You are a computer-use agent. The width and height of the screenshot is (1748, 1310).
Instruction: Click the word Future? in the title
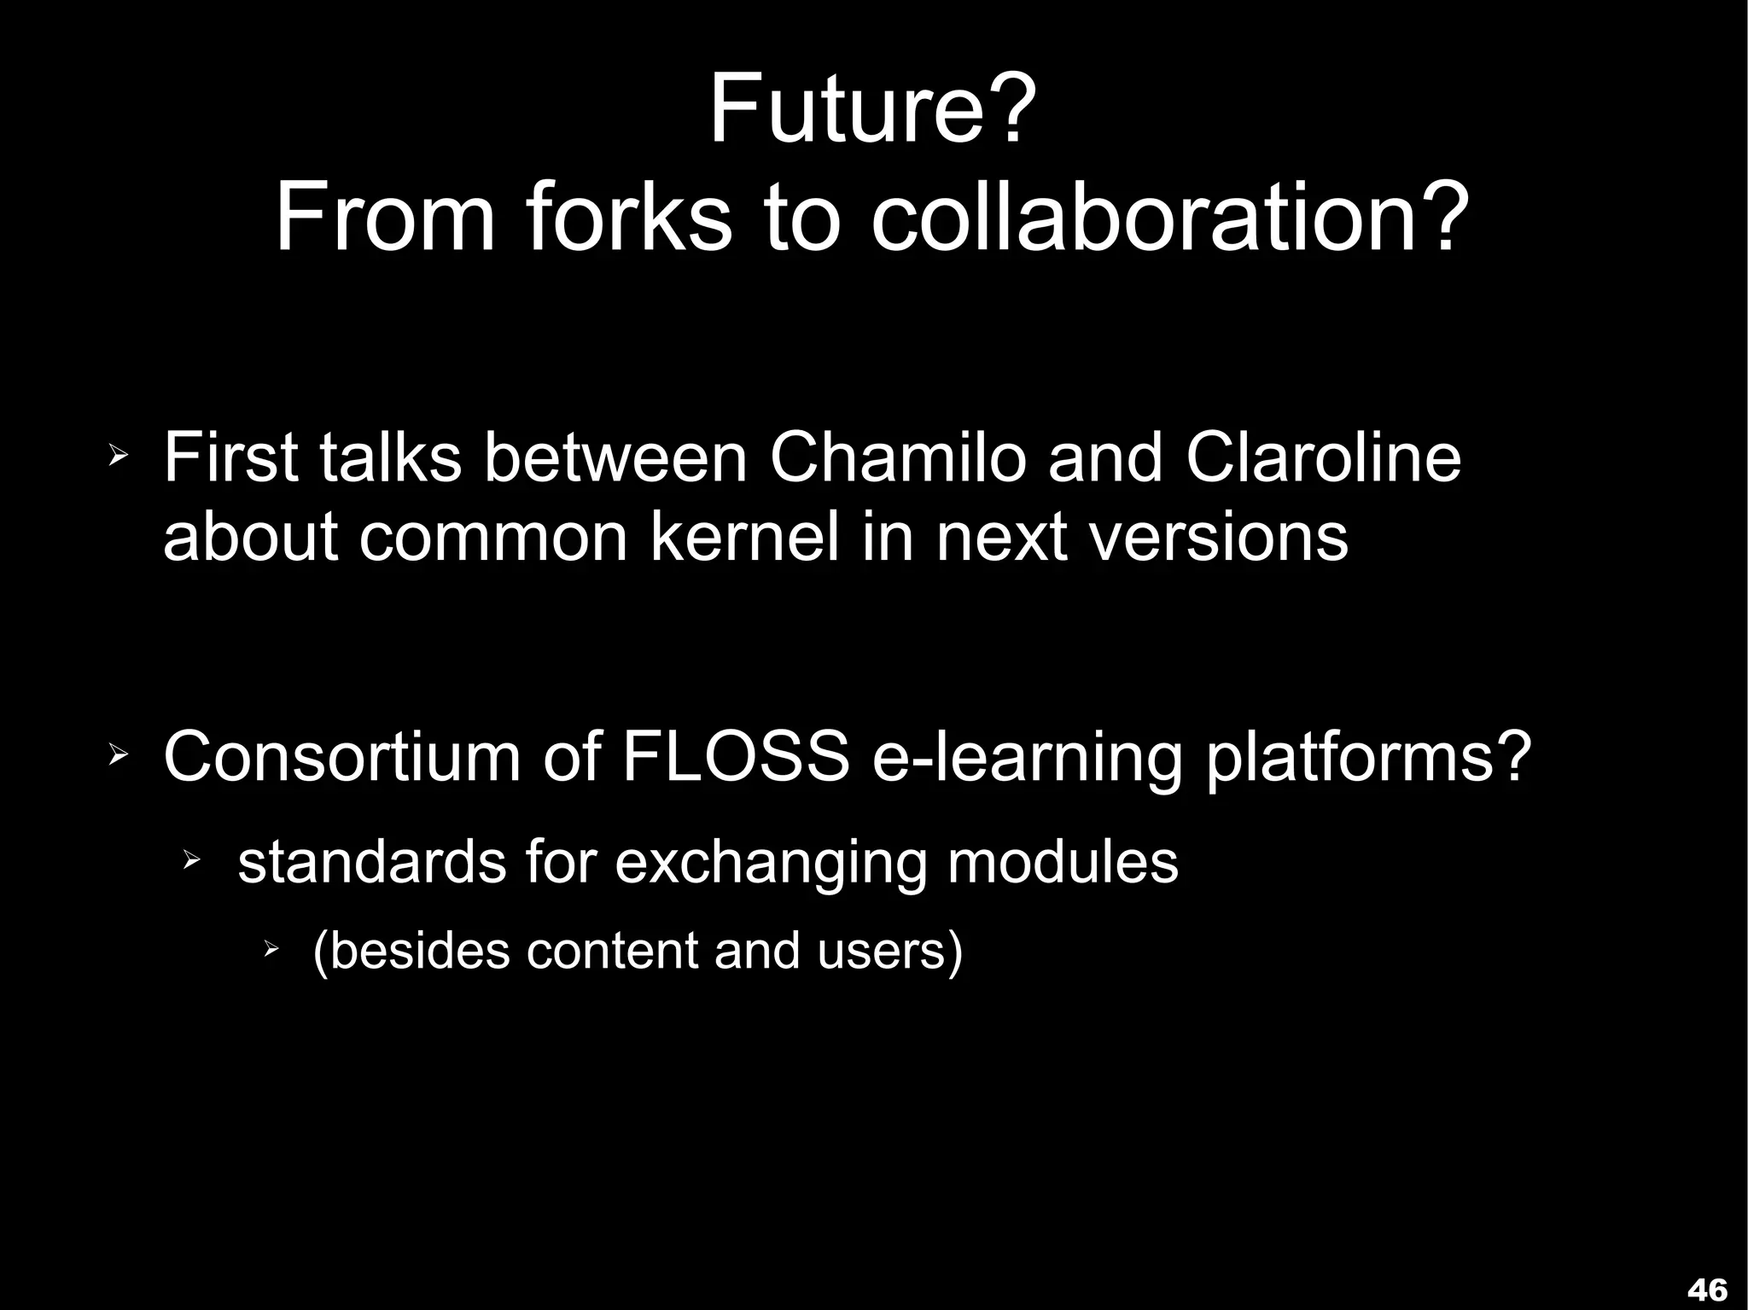pyautogui.click(x=873, y=111)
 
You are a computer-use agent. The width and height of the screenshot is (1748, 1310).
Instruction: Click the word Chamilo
pyautogui.click(x=898, y=458)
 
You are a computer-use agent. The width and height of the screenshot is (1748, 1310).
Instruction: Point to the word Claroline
pyautogui.click(x=1322, y=458)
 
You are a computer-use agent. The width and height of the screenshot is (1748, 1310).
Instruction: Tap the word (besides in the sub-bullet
pyautogui.click(x=411, y=951)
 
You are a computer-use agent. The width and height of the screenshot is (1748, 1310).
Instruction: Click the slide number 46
pyautogui.click(x=1708, y=1289)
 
